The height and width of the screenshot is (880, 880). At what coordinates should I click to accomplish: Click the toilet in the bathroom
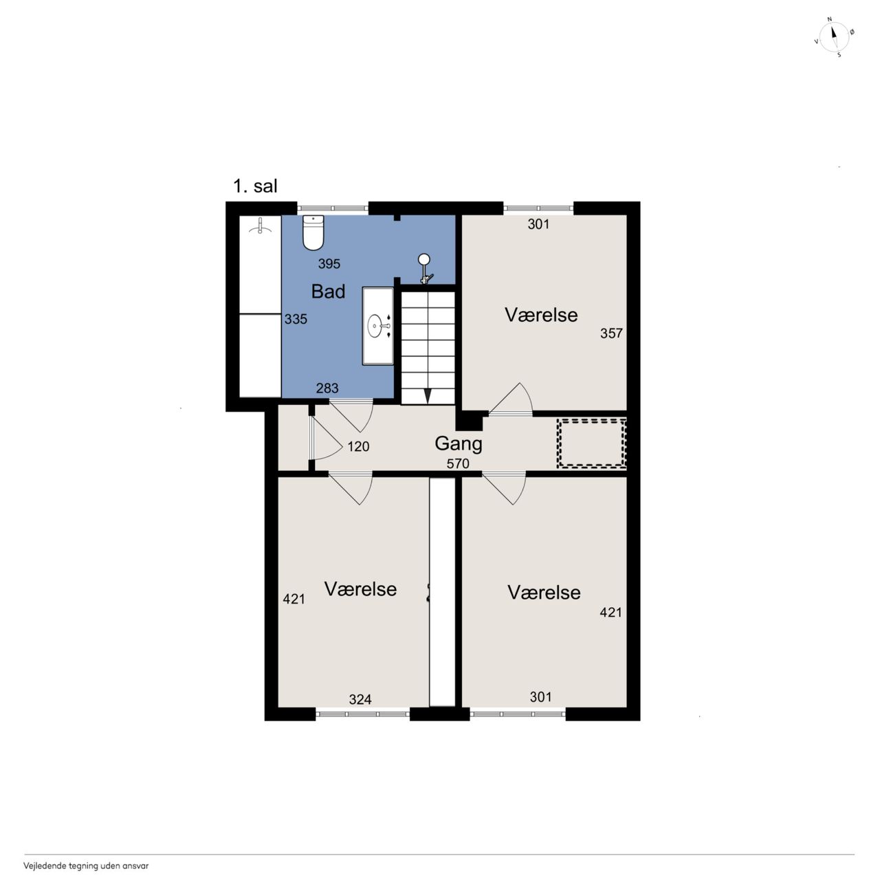[x=313, y=233]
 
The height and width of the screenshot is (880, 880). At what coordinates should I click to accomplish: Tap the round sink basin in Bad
[x=375, y=326]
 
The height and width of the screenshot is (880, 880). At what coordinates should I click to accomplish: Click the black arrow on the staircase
[x=428, y=396]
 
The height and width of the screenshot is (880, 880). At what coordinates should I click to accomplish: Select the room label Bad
[x=328, y=291]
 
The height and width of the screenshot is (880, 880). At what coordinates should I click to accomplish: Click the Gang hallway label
[x=458, y=444]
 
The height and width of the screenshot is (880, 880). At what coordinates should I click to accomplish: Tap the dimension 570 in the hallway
[x=458, y=463]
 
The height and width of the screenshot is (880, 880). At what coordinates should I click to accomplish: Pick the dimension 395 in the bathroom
[x=329, y=263]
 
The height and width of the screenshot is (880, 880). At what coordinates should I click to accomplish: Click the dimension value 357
[x=611, y=333]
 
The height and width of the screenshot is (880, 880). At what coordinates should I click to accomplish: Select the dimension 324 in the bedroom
[x=360, y=699]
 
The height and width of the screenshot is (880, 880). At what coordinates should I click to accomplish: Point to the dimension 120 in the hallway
[x=358, y=447]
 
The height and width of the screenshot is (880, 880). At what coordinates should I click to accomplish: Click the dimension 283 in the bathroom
[x=327, y=388]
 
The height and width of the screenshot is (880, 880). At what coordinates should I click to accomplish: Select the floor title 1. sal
[x=255, y=186]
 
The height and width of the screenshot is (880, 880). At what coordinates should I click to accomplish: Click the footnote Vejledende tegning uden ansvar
[x=86, y=866]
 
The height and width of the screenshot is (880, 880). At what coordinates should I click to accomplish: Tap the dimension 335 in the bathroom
[x=296, y=319]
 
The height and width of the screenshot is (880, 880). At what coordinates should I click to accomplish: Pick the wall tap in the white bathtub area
[x=260, y=226]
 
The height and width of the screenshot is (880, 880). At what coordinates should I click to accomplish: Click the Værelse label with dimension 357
[x=541, y=315]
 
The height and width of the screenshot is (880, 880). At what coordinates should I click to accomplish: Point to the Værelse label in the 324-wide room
[x=360, y=589]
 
